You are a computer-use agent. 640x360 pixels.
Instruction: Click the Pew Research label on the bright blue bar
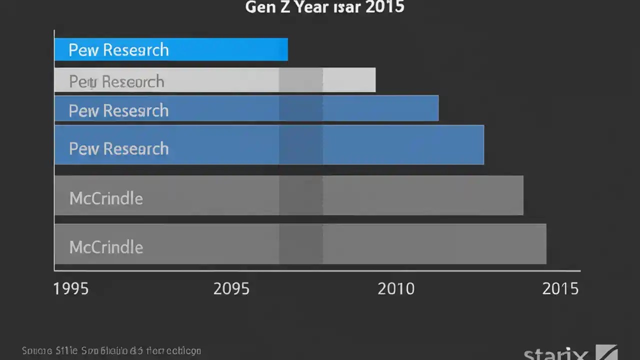coord(118,50)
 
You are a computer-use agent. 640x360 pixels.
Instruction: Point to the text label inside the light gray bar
coord(116,81)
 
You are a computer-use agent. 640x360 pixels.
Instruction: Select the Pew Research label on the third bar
coord(118,110)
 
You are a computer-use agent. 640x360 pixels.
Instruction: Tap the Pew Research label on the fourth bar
coord(118,148)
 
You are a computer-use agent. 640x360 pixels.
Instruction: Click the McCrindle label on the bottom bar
coord(106,247)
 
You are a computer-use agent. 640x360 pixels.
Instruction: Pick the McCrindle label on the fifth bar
coord(106,198)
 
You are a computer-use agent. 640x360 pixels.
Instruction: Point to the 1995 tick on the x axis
coord(71,289)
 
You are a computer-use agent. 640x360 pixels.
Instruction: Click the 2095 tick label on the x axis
coord(231,289)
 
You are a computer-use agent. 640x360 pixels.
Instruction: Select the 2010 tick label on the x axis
coord(396,289)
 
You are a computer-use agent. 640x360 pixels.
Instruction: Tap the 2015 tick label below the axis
coord(560,289)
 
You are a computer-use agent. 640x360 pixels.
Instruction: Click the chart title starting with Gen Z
coord(324,7)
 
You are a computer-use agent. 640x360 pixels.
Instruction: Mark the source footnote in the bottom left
coord(111,351)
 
